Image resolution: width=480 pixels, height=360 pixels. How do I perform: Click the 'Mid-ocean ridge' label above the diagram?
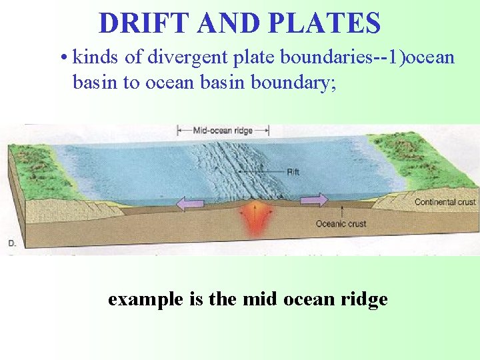(x=223, y=131)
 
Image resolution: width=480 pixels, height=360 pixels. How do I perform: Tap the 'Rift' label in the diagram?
(x=293, y=172)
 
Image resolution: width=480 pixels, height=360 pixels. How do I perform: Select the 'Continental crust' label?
(x=445, y=202)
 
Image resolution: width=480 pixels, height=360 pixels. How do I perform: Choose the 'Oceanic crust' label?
(x=341, y=224)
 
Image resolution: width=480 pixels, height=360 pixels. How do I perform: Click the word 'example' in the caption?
(x=145, y=299)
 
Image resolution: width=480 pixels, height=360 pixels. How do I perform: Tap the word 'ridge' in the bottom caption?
(x=365, y=299)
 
